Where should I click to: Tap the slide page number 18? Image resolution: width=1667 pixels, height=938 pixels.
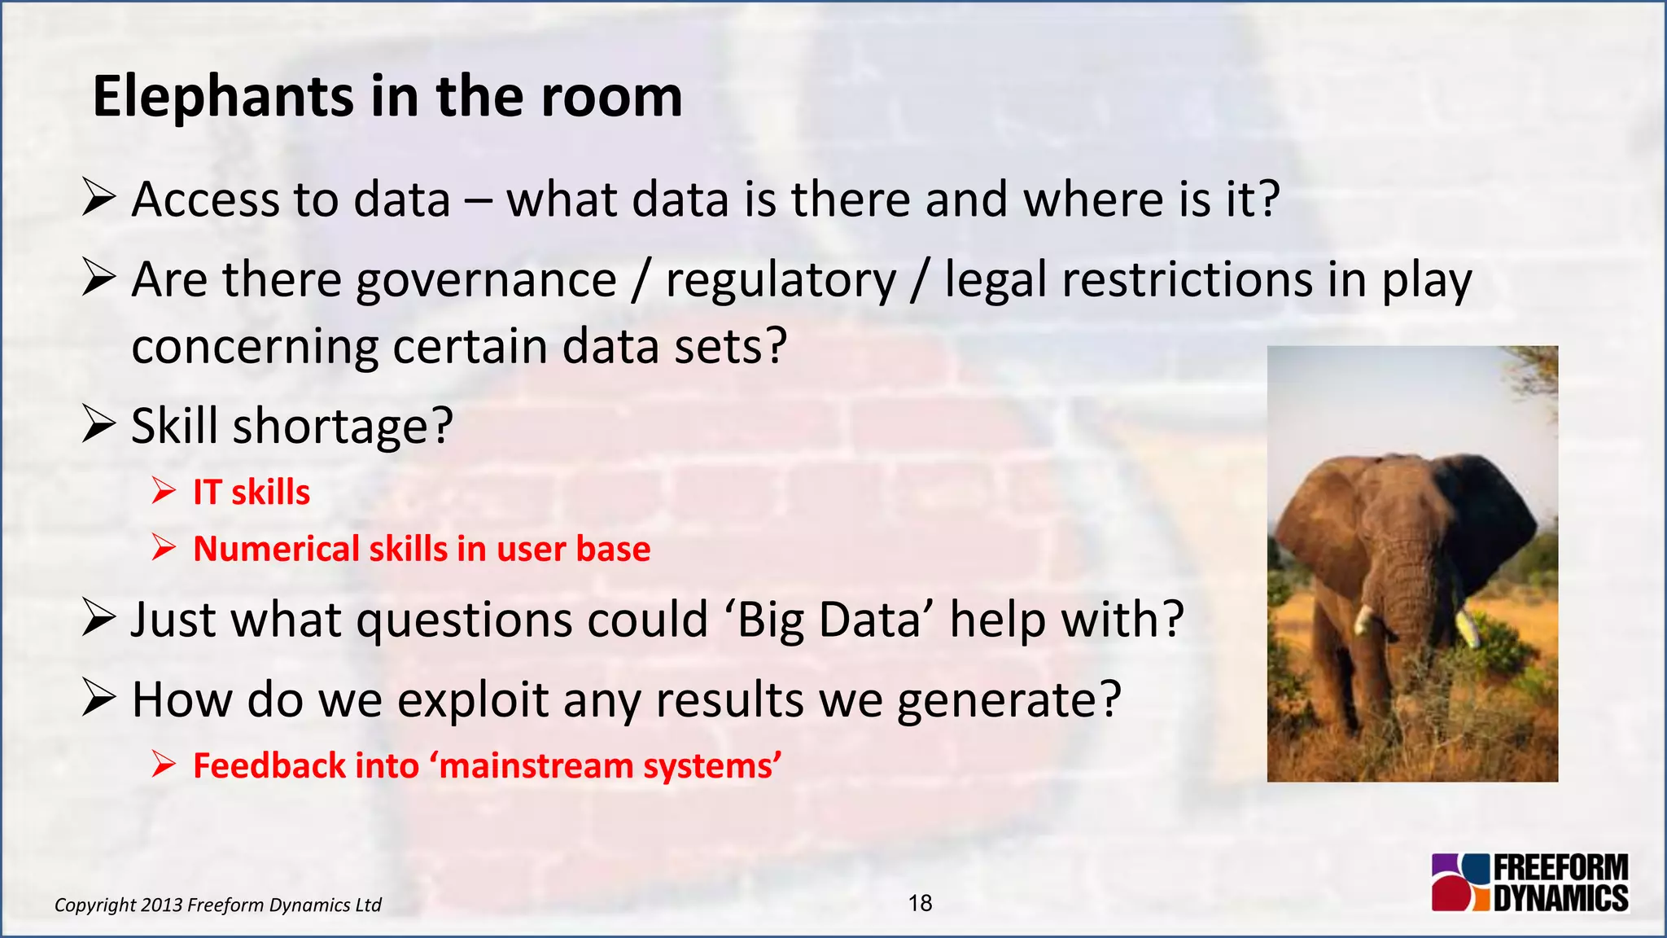[920, 903]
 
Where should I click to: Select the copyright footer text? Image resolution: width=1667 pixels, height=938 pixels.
[217, 905]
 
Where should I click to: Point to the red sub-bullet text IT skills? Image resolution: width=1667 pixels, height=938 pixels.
[252, 493]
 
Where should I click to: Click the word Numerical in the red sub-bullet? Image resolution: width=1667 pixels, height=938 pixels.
[276, 549]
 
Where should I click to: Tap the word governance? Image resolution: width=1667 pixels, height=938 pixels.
[486, 281]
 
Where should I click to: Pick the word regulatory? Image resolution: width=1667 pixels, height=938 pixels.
[781, 281]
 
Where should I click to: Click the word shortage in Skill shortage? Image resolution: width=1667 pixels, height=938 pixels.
[343, 426]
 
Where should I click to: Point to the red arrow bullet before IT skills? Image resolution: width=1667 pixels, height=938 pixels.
[164, 492]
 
